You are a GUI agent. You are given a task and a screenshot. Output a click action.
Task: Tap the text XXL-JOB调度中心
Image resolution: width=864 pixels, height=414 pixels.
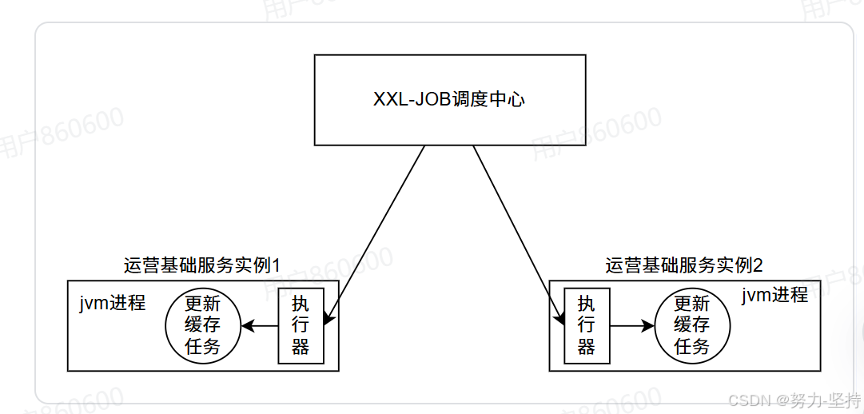(x=449, y=100)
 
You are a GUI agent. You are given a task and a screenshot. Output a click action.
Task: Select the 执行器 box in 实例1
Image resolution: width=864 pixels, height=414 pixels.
(x=301, y=325)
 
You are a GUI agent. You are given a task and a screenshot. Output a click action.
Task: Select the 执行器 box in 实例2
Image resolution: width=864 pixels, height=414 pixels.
(x=586, y=325)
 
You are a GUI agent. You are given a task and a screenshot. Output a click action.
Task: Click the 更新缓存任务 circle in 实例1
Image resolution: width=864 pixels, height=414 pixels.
(x=203, y=325)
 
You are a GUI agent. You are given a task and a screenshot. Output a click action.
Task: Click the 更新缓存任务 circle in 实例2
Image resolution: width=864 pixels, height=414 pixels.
(x=692, y=325)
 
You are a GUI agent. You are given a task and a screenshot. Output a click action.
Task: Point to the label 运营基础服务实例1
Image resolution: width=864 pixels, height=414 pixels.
(x=205, y=265)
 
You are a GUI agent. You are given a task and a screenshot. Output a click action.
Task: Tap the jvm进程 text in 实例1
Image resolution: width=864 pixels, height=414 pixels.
(x=112, y=303)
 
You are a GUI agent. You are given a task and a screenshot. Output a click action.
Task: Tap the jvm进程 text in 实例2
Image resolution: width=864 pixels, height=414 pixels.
(x=774, y=295)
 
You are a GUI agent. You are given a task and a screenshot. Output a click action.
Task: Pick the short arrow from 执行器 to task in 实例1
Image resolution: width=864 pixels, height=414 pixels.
(x=260, y=325)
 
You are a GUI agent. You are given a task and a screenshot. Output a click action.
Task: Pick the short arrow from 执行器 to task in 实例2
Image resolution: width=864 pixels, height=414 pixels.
(x=631, y=326)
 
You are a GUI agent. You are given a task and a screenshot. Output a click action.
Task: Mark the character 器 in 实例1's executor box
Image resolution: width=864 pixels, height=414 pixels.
(x=301, y=346)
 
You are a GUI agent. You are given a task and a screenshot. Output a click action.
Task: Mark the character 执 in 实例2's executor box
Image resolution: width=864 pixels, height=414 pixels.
(x=586, y=305)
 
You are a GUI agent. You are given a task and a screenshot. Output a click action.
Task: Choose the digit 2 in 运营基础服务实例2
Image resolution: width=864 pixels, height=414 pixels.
(x=758, y=265)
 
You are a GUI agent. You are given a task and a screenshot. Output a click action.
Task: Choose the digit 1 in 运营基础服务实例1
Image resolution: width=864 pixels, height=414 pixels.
(x=279, y=265)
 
